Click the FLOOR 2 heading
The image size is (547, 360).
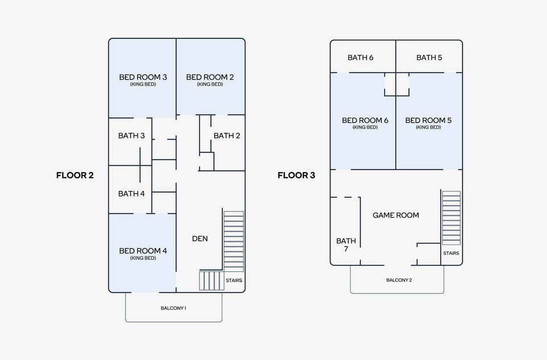(75, 175)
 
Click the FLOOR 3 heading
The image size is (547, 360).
(296, 175)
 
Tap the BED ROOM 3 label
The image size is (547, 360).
(143, 77)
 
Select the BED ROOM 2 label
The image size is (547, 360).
(210, 77)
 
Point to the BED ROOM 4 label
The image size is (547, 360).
(143, 251)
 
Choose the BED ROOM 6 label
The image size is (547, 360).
(365, 120)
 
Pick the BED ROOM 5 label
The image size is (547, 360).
(428, 120)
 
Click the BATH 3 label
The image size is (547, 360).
(131, 136)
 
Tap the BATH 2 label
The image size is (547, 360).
(227, 136)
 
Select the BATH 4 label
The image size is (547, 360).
(131, 194)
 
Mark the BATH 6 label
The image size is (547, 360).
(360, 58)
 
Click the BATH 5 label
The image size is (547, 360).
(429, 58)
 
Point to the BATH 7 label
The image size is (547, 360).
(346, 245)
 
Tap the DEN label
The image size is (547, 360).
(199, 239)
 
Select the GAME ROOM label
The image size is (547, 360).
(395, 215)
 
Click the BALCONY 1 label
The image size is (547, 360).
(173, 308)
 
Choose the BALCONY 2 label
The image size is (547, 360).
(399, 280)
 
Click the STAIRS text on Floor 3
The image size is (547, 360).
(451, 253)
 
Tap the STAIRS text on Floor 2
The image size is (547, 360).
(234, 280)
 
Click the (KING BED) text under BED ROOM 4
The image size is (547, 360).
(143, 258)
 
